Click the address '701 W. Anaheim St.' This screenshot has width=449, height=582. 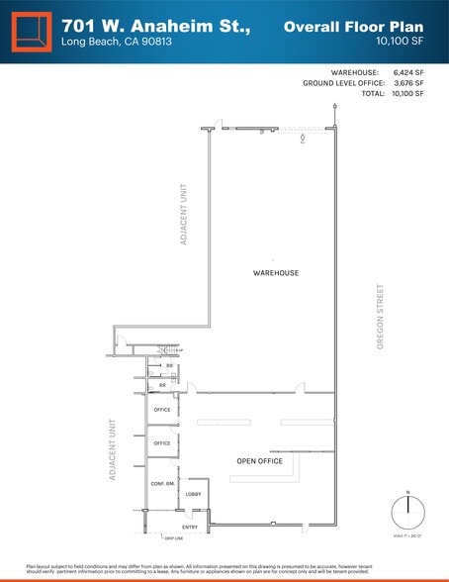pos(156,25)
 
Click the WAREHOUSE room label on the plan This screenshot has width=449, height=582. pos(276,273)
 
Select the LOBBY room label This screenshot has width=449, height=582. pos(194,495)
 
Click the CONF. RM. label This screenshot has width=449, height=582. pos(163,484)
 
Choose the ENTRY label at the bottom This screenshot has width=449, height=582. pos(191,528)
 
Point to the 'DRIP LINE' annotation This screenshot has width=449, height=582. pos(175,538)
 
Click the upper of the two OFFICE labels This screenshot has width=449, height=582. pos(162,410)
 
